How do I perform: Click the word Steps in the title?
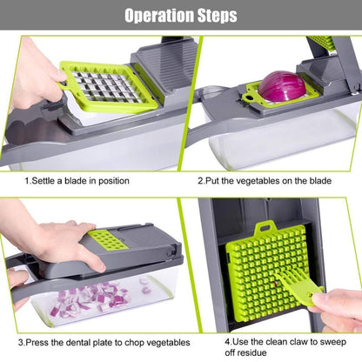pyautogui.click(x=213, y=16)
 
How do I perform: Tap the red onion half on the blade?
pyautogui.click(x=281, y=86)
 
